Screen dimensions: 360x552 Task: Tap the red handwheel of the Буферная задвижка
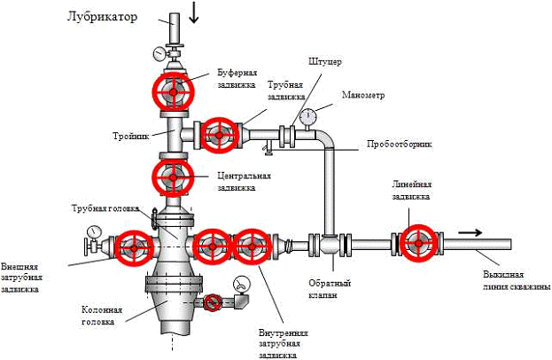pyautogui.click(x=171, y=90)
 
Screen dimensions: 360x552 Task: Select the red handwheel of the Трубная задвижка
pyautogui.click(x=218, y=135)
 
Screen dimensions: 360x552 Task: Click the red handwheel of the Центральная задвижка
pyautogui.click(x=172, y=177)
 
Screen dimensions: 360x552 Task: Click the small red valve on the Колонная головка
pyautogui.click(x=211, y=304)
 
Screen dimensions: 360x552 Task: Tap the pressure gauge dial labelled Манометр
pyautogui.click(x=307, y=115)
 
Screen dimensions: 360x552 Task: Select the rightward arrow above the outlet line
pyautogui.click(x=470, y=232)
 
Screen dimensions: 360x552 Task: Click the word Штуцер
pyautogui.click(x=323, y=62)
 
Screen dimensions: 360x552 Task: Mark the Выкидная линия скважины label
pyautogui.click(x=511, y=279)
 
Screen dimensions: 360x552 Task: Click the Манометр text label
pyautogui.click(x=363, y=95)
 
